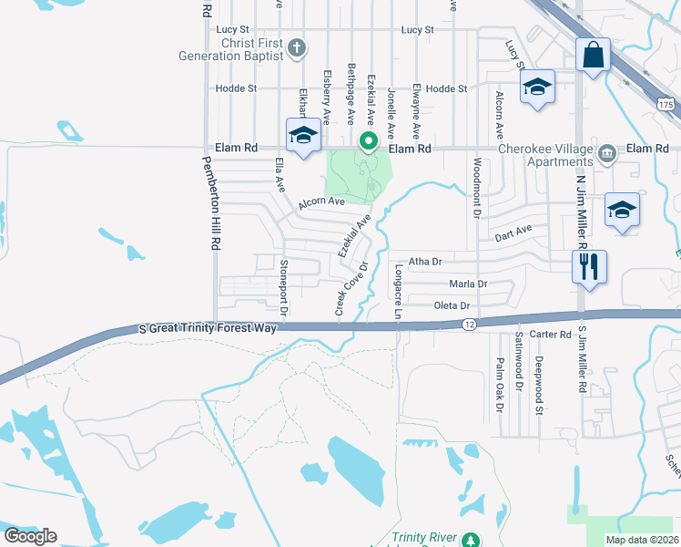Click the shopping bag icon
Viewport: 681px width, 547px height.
593,54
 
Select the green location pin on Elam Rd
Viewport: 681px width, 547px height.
368,141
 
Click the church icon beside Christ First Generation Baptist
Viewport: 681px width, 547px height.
296,47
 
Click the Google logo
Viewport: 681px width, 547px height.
30,535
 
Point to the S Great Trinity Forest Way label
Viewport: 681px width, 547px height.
208,327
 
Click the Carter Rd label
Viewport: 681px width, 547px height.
553,335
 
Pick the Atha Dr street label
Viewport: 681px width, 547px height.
424,261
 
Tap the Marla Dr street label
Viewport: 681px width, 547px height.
468,284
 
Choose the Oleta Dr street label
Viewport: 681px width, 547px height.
452,305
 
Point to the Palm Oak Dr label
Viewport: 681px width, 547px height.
500,384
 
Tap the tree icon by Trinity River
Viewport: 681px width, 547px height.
470,541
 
